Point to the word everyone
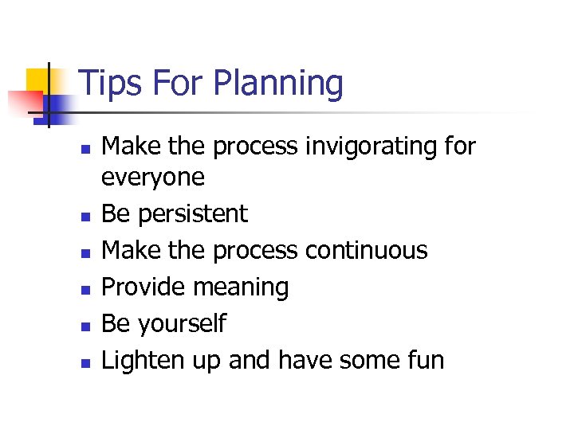(x=153, y=178)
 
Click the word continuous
(x=367, y=250)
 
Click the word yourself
(x=183, y=324)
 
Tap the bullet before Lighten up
(x=86, y=362)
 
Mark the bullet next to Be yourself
(x=86, y=326)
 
